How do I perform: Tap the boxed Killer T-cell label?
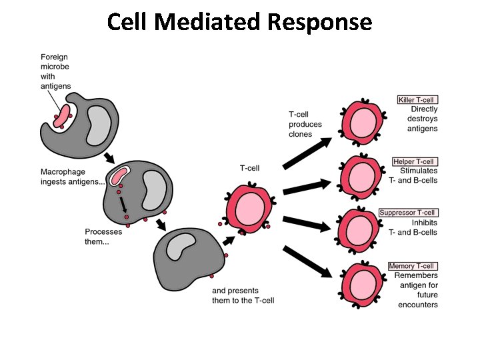coord(417,100)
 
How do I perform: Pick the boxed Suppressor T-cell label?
coord(408,213)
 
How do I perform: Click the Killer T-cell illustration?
coord(363,121)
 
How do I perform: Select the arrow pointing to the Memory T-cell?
coord(307,261)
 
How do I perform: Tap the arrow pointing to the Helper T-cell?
coord(307,187)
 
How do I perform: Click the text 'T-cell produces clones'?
coord(305,124)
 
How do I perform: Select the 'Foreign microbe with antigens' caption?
coord(55,71)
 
